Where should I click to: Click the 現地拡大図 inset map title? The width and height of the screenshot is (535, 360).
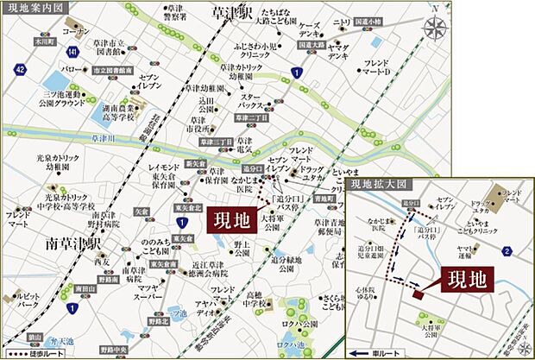(377, 186)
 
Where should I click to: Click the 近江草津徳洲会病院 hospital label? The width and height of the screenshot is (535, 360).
(209, 272)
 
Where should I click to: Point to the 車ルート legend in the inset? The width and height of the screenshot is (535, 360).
(377, 352)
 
